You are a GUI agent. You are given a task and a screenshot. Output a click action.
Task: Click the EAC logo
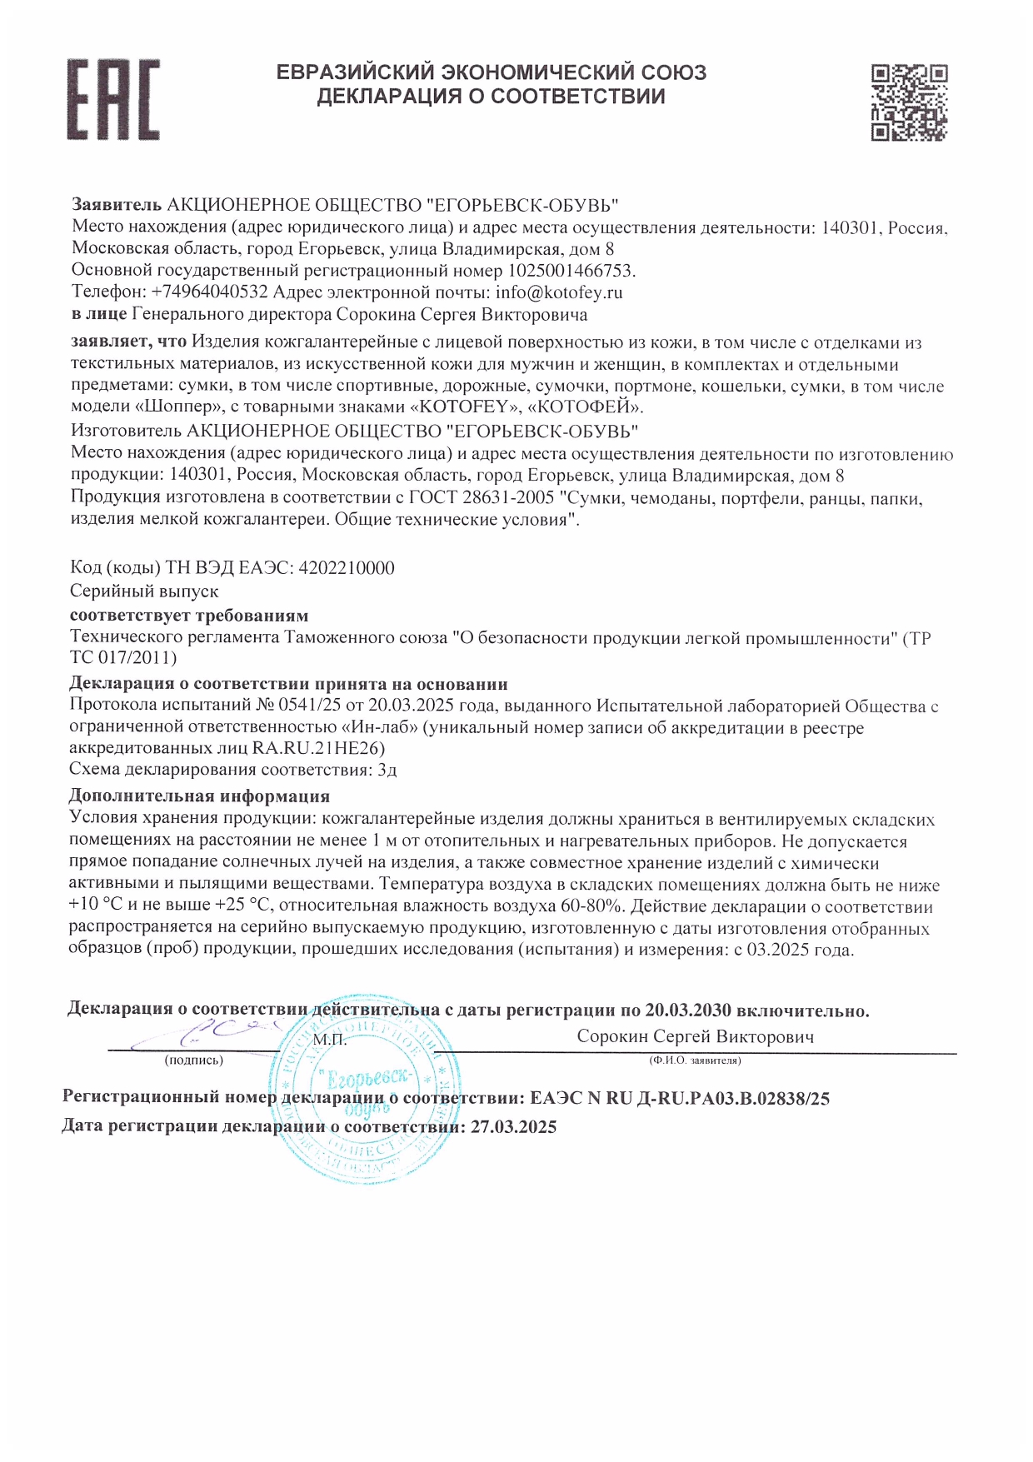point(113,99)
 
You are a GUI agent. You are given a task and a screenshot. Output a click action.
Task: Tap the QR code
point(909,102)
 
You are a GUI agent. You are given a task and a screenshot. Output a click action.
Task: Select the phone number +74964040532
point(210,292)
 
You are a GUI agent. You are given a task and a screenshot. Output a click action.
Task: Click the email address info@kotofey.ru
point(559,292)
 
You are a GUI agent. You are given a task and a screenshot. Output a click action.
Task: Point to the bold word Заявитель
point(116,205)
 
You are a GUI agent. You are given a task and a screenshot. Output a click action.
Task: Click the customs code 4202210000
point(346,568)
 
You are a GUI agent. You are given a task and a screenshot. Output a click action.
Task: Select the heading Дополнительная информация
point(199,796)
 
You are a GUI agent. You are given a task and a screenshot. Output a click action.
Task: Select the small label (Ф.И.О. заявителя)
point(695,1060)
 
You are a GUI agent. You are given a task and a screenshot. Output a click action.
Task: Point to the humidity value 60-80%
point(591,906)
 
